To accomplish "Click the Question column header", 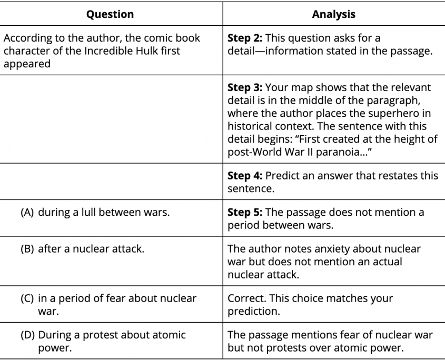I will click(x=111, y=14).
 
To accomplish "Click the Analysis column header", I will click(x=333, y=14).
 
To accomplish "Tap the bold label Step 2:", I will click(x=245, y=38).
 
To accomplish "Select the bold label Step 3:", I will click(x=245, y=87).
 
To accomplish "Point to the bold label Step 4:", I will click(x=245, y=175).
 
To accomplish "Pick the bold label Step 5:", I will click(x=245, y=212).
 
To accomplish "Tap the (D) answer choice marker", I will click(x=28, y=335).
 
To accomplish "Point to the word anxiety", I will click(x=314, y=249).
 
